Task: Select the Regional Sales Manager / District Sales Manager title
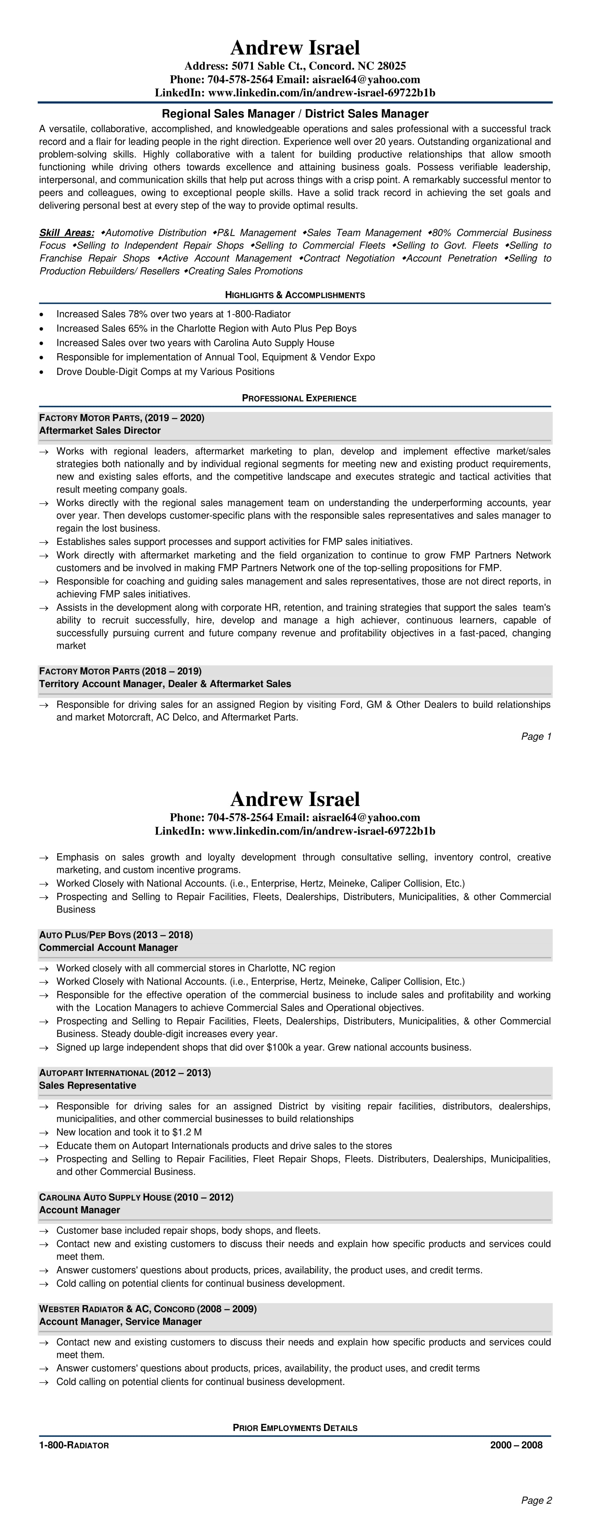pyautogui.click(x=295, y=113)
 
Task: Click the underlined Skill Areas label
pyautogui.click(x=66, y=233)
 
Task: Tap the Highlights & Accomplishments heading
pyautogui.click(x=295, y=295)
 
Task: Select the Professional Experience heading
pyautogui.click(x=299, y=398)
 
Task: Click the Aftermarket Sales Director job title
pyautogui.click(x=100, y=430)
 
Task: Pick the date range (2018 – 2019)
pyautogui.click(x=172, y=671)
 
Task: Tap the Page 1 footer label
pyautogui.click(x=536, y=736)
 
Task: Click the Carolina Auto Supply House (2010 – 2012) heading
pyautogui.click(x=136, y=1197)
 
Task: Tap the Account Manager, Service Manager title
pyautogui.click(x=120, y=1322)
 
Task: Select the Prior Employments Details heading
pyautogui.click(x=295, y=1428)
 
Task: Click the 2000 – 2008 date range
pyautogui.click(x=516, y=1445)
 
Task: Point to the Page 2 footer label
pyautogui.click(x=536, y=1500)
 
